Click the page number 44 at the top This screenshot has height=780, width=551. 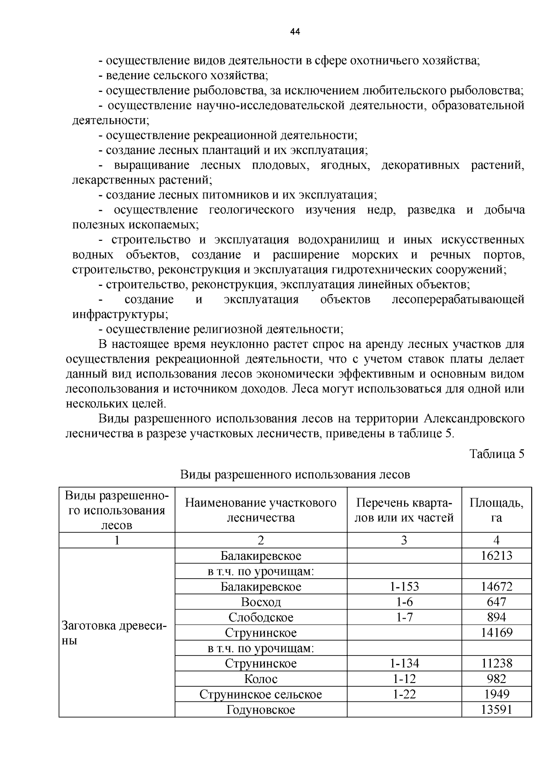[295, 32]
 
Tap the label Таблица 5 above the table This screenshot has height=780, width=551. [496, 454]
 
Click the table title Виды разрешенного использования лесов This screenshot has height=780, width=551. [295, 474]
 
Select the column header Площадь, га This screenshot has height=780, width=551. [496, 510]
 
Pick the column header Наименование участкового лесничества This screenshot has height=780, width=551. [260, 510]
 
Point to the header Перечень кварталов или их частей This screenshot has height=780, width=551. [404, 510]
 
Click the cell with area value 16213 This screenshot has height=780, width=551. [496, 556]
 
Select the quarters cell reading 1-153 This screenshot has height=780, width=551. [404, 586]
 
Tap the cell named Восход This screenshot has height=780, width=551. [261, 602]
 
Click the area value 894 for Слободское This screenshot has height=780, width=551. [496, 617]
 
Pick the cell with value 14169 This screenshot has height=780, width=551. [496, 632]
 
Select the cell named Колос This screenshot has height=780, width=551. [261, 679]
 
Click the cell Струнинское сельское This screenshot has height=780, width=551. [261, 694]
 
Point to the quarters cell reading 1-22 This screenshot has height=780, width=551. [404, 694]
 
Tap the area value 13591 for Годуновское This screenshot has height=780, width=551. [496, 710]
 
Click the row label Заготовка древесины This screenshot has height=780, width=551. [114, 632]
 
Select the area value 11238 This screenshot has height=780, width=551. [496, 663]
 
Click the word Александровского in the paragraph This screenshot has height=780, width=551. [474, 419]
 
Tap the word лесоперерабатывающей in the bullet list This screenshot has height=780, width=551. [458, 300]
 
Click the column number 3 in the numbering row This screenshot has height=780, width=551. [404, 540]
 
